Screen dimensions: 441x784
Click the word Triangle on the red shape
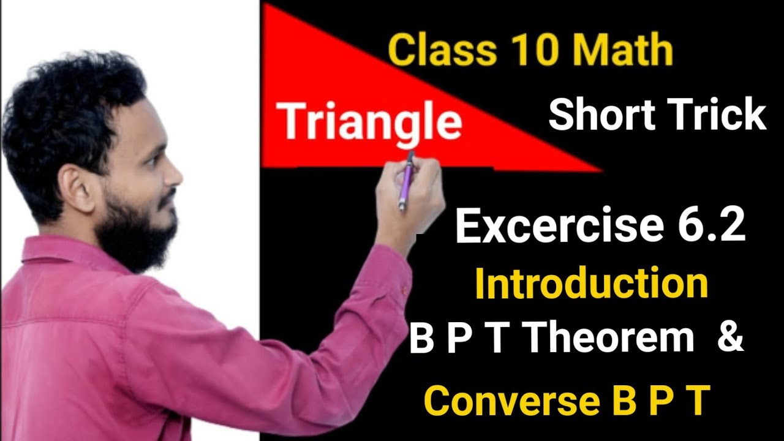point(371,122)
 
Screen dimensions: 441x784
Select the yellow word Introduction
point(591,284)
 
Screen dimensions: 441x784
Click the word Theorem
point(610,339)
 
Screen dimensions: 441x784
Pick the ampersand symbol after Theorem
point(729,339)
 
